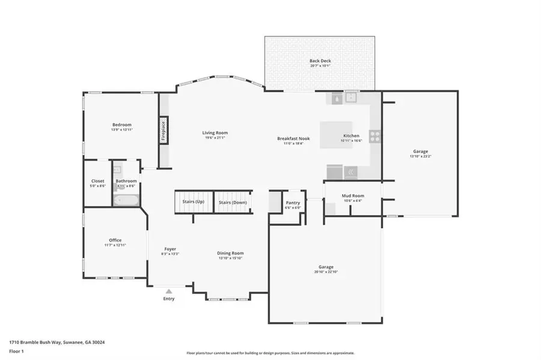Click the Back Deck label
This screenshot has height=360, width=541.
coord(320,61)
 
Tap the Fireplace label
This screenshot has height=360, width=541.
coord(162,131)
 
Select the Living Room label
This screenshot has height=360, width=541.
coord(215,133)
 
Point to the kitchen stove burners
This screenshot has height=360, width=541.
coord(374,136)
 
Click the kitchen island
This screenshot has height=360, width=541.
coord(335,135)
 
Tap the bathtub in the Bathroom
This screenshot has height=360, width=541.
coord(126,200)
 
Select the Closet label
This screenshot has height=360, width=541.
coord(97,181)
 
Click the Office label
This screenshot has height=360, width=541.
coord(115,240)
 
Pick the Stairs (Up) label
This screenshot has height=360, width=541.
coord(193,202)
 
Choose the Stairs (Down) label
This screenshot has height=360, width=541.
coord(232,203)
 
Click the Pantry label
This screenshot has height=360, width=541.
coord(292,203)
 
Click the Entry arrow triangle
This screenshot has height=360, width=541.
coord(169,291)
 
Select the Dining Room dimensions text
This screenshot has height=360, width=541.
coord(230,258)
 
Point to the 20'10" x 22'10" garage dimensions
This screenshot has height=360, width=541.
coord(326,272)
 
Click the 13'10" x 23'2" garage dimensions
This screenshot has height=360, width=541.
coord(420,156)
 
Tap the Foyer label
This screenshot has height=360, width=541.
coord(170,249)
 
